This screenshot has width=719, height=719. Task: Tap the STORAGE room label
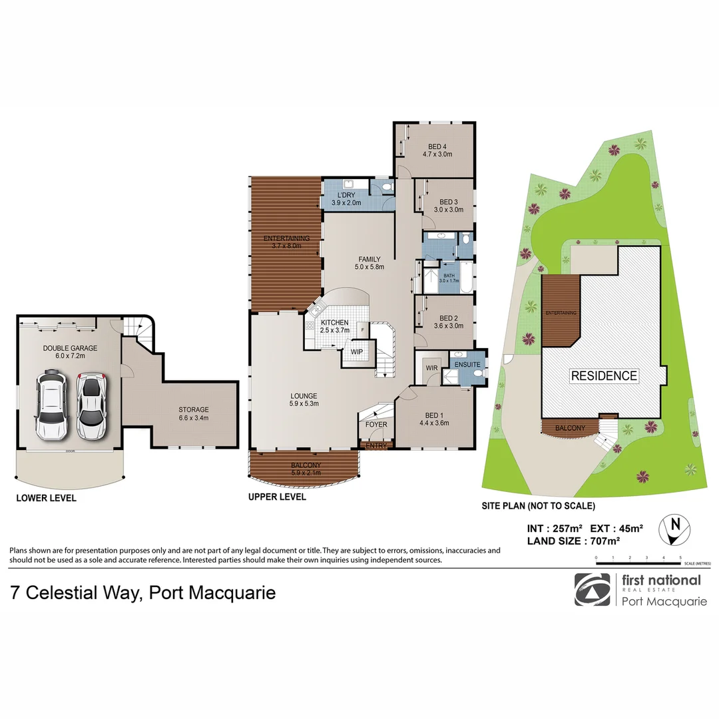pyautogui.click(x=194, y=409)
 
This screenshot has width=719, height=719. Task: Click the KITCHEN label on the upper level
pyautogui.click(x=334, y=322)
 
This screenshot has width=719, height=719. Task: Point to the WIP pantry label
pyautogui.click(x=357, y=352)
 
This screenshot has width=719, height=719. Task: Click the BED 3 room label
pyautogui.click(x=449, y=202)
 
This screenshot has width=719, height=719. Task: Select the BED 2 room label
pyautogui.click(x=448, y=318)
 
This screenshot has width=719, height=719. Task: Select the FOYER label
pyautogui.click(x=377, y=424)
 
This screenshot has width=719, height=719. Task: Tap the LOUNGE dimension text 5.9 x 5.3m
pyautogui.click(x=304, y=403)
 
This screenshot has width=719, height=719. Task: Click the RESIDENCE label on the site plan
pyautogui.click(x=604, y=375)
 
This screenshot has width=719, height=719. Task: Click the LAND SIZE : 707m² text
pyautogui.click(x=573, y=541)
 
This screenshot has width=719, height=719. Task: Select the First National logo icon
pyautogui.click(x=591, y=589)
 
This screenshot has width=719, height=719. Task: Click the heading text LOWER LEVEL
pyautogui.click(x=46, y=498)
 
